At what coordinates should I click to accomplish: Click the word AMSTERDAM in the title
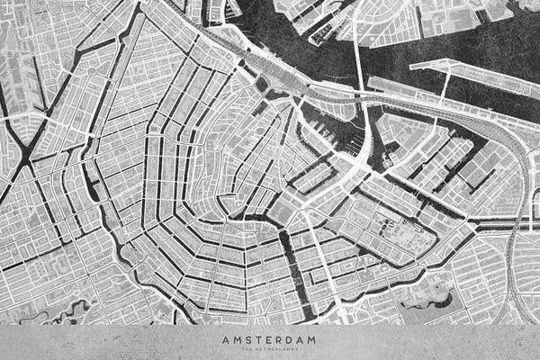tap(270, 339)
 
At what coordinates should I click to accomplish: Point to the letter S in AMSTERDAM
tap(249, 339)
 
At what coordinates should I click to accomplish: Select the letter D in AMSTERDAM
tap(290, 339)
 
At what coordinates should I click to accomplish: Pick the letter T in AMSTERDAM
tap(259, 339)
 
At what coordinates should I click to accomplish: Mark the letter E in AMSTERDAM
tap(269, 339)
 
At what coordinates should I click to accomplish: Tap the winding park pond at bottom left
tap(67, 315)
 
